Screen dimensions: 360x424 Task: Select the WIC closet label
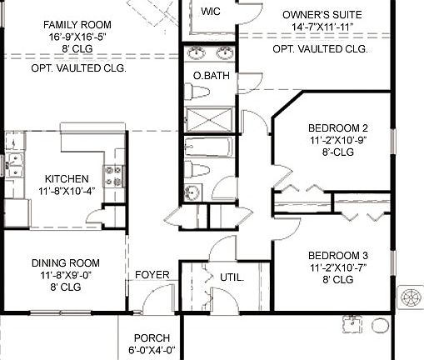[x=212, y=11]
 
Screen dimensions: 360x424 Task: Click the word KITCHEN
[x=67, y=179]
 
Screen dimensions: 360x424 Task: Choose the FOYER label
[x=152, y=275]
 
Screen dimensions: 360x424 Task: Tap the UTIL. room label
[x=232, y=277]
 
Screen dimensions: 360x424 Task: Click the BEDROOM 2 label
[x=337, y=127]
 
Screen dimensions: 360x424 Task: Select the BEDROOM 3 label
[x=337, y=255]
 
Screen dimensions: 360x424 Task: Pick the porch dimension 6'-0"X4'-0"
[x=151, y=351]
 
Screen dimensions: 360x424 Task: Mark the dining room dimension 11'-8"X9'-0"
[x=66, y=274]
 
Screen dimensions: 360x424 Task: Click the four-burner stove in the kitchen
[x=112, y=176]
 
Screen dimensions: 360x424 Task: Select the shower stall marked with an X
[x=210, y=117]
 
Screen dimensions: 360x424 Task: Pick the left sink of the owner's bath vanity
[x=197, y=55]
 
